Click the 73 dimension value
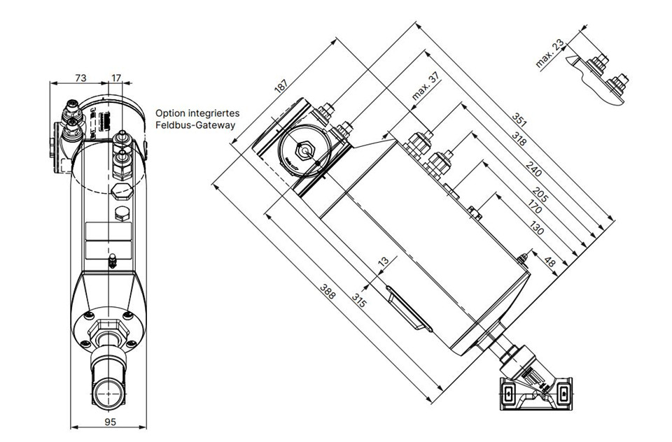click(x=80, y=78)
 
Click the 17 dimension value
click(x=116, y=78)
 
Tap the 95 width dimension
click(x=110, y=422)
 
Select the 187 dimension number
click(x=281, y=85)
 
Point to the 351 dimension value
click(x=519, y=120)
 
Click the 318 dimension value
click(x=519, y=138)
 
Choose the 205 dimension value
click(x=540, y=195)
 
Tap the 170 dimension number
click(x=534, y=206)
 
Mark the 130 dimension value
click(x=536, y=228)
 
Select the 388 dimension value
click(x=328, y=291)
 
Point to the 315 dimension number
click(x=359, y=300)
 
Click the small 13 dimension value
click(x=383, y=262)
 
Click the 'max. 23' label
click(x=549, y=54)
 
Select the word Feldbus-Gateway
click(x=195, y=125)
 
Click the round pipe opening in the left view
click(x=109, y=393)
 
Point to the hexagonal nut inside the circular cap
click(x=305, y=151)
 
